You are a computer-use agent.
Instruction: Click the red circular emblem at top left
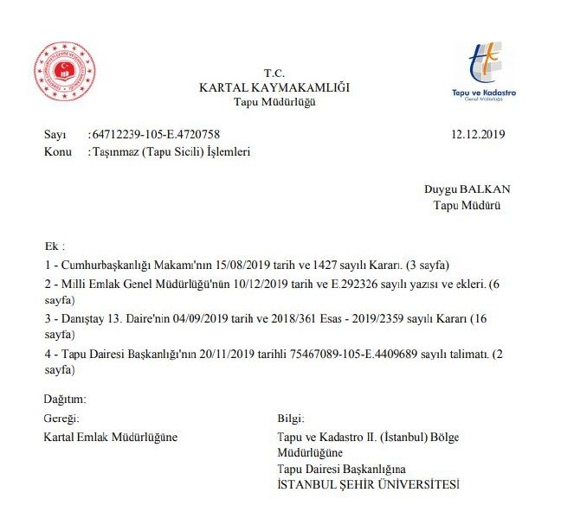pos(65,72)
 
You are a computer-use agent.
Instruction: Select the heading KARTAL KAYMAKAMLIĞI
pos(274,88)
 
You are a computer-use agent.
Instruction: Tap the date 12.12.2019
pos(478,135)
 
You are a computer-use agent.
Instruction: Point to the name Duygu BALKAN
pos(467,189)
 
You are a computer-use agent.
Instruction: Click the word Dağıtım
pos(65,400)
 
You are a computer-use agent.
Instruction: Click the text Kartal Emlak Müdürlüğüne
pos(110,437)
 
